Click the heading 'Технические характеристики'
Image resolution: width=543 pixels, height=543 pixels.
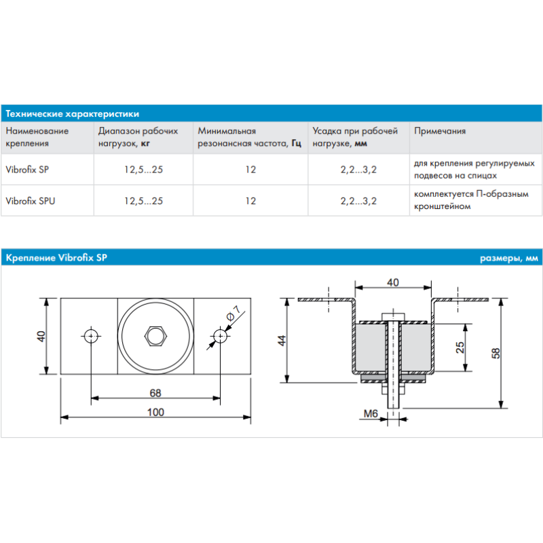(x=72, y=113)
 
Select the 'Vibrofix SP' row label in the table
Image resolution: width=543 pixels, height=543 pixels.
(x=27, y=170)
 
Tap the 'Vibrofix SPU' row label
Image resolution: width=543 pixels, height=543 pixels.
(x=30, y=201)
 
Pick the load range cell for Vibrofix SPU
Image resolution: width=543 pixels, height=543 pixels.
(x=143, y=201)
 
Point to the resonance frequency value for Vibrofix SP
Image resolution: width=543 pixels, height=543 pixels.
(x=251, y=170)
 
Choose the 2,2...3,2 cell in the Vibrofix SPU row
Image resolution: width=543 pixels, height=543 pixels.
(x=358, y=201)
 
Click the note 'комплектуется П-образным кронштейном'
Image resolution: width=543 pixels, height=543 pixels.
(x=471, y=201)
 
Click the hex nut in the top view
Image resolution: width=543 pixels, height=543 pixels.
(x=156, y=335)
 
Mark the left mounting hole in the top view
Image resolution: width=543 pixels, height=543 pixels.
(x=91, y=335)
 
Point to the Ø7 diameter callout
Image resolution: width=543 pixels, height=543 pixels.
(x=232, y=314)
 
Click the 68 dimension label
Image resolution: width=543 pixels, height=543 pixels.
(x=155, y=392)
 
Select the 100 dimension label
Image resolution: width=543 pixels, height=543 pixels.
(x=155, y=411)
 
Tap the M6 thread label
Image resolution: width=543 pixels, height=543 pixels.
(x=370, y=413)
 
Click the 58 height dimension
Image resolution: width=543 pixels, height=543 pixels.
(x=495, y=353)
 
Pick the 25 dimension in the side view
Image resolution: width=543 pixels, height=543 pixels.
(x=460, y=347)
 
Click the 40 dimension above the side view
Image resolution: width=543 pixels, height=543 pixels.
(x=392, y=282)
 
